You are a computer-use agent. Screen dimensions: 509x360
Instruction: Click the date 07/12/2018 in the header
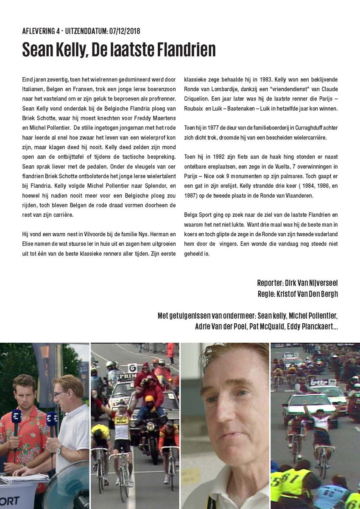click(124, 31)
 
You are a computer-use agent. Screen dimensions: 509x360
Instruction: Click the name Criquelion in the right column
click(200, 98)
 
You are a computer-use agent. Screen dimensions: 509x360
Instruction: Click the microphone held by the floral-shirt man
click(17, 420)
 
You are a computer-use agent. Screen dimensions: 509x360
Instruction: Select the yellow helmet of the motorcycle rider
click(149, 399)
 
